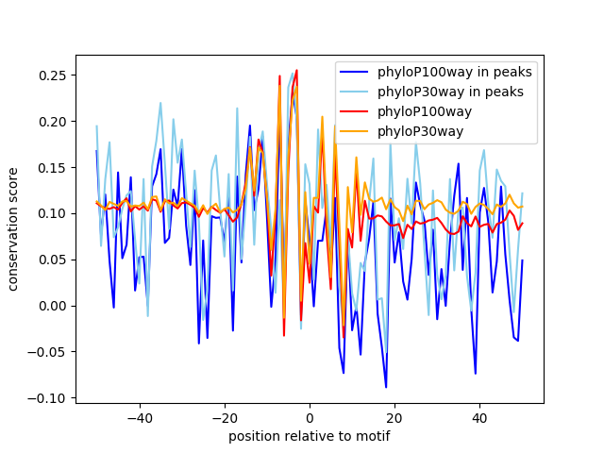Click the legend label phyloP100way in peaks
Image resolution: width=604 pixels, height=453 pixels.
coord(455,72)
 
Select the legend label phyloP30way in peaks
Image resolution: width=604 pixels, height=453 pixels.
coord(451,92)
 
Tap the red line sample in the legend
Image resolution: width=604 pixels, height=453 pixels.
coord(355,111)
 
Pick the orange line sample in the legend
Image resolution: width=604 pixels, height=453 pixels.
coord(355,131)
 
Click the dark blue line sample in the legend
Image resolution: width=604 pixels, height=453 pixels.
coord(355,72)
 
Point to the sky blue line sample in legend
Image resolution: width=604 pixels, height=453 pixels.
coord(355,92)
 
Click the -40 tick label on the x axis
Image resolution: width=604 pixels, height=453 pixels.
coord(139,418)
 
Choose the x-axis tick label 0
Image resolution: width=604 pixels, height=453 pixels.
coord(310,418)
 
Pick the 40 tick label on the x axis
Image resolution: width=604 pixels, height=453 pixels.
coord(479,418)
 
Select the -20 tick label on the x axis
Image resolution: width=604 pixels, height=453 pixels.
coord(224,418)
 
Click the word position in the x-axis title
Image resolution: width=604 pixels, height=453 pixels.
coord(252,436)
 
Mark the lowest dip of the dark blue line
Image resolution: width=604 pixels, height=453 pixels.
coord(386,387)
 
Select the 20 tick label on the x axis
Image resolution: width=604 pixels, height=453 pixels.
coord(394,418)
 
